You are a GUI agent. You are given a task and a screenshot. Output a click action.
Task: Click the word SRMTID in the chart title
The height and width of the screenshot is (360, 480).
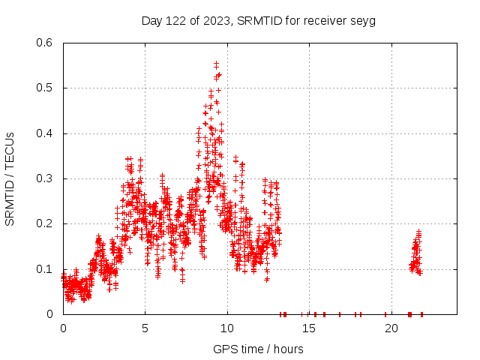tap(256, 20)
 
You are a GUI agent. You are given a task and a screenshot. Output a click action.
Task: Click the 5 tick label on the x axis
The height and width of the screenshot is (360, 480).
tap(145, 328)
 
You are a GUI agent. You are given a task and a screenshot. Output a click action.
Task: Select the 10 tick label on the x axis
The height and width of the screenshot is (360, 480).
tap(227, 328)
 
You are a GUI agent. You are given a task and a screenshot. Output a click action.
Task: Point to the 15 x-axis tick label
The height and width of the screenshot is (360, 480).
tap(309, 328)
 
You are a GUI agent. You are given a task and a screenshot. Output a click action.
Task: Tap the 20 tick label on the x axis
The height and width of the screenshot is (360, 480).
tap(391, 328)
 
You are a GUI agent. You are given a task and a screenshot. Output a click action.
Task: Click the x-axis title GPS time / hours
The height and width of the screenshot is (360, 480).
tap(258, 349)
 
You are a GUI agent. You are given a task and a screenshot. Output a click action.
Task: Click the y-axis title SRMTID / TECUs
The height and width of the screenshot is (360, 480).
tap(10, 178)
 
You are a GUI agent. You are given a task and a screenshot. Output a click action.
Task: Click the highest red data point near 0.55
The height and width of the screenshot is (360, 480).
tap(217, 64)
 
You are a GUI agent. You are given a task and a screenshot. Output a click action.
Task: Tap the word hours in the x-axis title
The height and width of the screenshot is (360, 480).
tap(288, 349)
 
